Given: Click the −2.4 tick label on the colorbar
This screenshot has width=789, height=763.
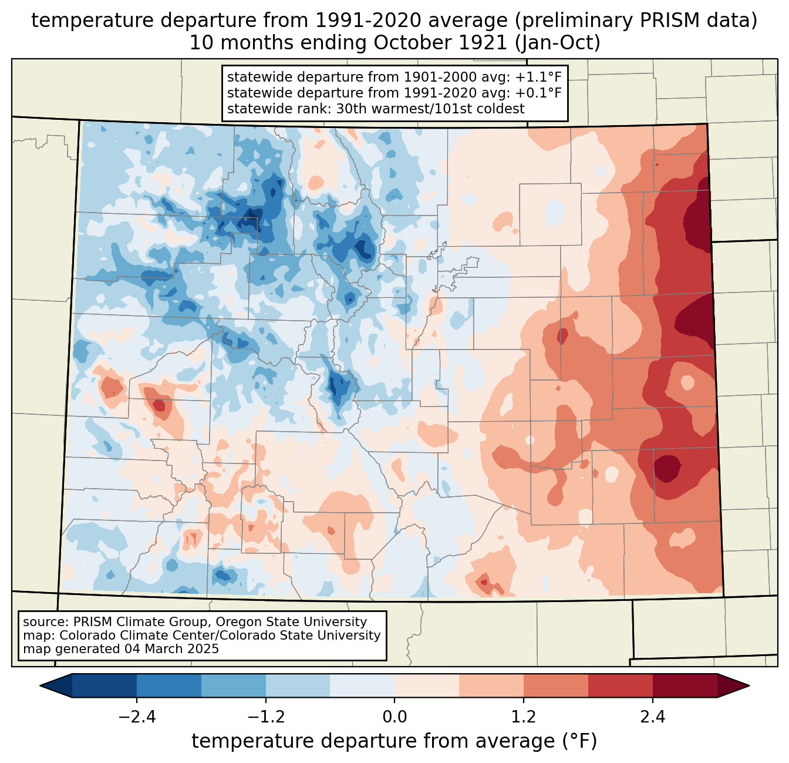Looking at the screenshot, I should pos(137,717).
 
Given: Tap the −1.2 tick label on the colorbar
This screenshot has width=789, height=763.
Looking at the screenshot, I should pos(265,717).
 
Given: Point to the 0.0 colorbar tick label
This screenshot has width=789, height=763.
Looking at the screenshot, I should pos(394,717).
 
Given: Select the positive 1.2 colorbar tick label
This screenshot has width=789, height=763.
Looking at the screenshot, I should pos(524,717).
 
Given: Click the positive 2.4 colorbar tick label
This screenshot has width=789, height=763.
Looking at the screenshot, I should pos(652,717).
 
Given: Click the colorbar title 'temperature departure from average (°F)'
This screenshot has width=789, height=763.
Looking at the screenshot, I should pos(394,741).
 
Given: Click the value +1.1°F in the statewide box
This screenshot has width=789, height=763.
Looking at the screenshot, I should pos(538,78).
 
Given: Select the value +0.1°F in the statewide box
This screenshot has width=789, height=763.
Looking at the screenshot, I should pos(538,93).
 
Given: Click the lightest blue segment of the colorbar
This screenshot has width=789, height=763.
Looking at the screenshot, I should pos(362,685).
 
